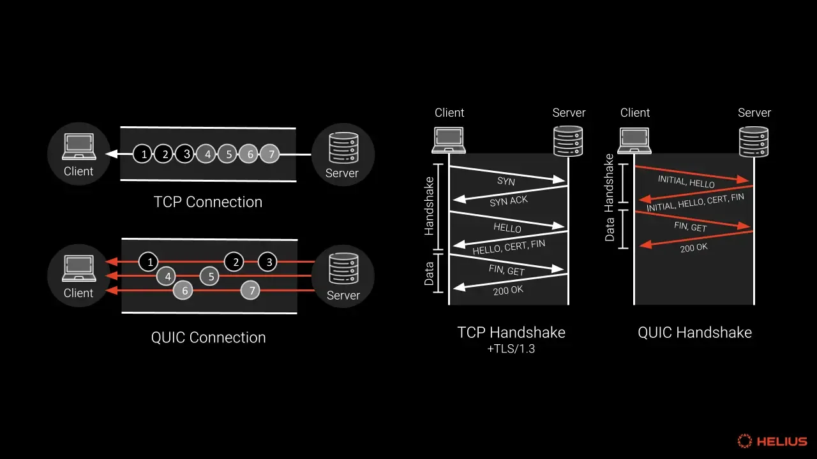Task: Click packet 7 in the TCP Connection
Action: click(271, 154)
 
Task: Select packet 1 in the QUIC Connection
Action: click(148, 261)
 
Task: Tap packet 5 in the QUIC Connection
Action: click(210, 276)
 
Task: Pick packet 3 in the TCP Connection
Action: click(186, 154)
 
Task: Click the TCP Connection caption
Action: click(208, 202)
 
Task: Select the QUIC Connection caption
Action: click(208, 337)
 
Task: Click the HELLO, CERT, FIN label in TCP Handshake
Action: click(509, 247)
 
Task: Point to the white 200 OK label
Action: click(508, 291)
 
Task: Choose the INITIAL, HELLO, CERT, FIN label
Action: click(695, 203)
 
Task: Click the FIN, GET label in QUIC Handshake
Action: click(691, 227)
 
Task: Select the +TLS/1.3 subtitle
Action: click(511, 349)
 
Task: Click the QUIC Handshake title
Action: click(694, 332)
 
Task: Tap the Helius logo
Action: click(772, 441)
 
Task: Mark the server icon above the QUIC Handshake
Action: click(754, 142)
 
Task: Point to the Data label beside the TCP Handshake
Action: click(429, 273)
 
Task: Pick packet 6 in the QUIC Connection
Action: click(183, 291)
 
